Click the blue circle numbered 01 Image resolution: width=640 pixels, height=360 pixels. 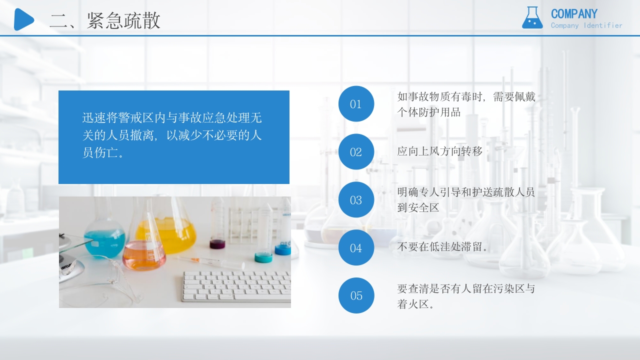[x=356, y=104]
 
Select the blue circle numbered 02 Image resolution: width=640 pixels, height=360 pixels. [x=356, y=152]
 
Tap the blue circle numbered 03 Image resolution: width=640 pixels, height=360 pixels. [x=356, y=200]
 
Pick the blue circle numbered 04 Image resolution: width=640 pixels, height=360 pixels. [x=356, y=248]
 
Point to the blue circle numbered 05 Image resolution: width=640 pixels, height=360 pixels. [x=356, y=295]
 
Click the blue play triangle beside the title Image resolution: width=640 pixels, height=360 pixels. [x=23, y=19]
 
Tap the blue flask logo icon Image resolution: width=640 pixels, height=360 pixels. [x=532, y=18]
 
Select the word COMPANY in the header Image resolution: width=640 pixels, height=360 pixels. [x=574, y=14]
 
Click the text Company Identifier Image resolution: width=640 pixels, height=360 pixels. [x=586, y=25]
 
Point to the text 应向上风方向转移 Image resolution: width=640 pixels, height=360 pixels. [x=440, y=151]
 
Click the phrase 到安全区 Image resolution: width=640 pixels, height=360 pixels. [x=418, y=208]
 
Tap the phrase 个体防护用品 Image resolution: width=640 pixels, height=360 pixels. [x=429, y=112]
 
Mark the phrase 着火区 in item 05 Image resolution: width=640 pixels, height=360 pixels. [x=413, y=304]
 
